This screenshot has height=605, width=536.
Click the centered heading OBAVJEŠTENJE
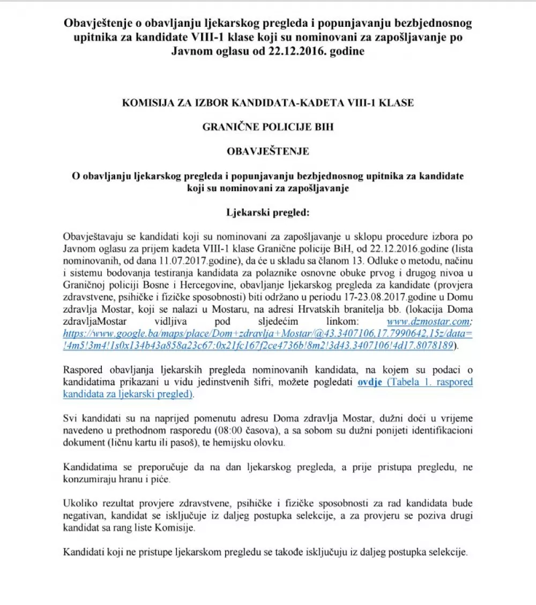pyautogui.click(x=268, y=151)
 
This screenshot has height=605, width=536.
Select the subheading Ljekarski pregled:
pyautogui.click(x=268, y=212)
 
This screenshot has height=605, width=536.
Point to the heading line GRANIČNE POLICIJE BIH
pyautogui.click(x=268, y=127)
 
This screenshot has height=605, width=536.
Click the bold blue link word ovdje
pyautogui.click(x=370, y=382)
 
